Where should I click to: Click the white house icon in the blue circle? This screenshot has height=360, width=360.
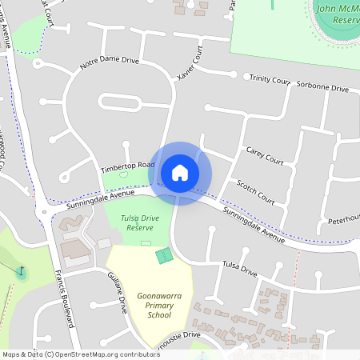180,173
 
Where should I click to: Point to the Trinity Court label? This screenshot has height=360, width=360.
270,79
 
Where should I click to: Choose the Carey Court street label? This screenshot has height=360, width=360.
265,155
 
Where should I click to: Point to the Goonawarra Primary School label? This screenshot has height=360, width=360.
154,304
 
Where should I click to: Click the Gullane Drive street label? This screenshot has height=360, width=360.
118,293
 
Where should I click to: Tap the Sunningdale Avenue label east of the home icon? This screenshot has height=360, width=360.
254,226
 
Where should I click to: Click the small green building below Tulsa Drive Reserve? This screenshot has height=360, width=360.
164,256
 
